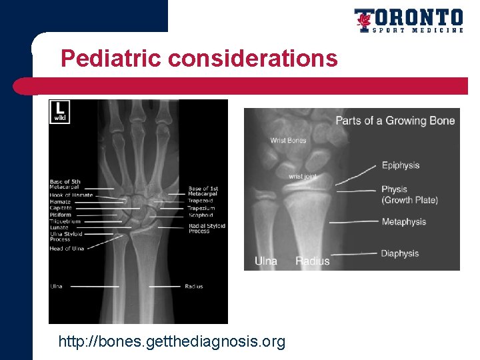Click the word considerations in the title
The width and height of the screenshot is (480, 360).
(253, 59)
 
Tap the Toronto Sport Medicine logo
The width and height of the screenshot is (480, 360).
(408, 21)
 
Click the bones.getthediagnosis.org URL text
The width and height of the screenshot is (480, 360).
(171, 342)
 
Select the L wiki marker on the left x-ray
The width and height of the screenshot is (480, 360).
(60, 111)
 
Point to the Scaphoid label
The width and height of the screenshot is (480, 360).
(200, 215)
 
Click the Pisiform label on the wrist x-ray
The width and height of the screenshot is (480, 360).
(60, 215)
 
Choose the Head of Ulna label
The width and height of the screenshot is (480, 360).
(66, 249)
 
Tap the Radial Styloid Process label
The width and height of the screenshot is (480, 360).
(207, 228)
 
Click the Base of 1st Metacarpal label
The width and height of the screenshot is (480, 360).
(203, 191)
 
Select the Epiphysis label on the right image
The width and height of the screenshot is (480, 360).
(400, 165)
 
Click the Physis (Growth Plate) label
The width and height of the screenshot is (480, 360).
(409, 195)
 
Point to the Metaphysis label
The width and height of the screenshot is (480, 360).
(403, 222)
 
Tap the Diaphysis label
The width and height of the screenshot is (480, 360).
(400, 253)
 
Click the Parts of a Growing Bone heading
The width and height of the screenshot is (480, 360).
(395, 121)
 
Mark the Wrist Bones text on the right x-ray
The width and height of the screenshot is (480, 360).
(288, 141)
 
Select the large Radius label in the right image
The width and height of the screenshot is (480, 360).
(312, 261)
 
